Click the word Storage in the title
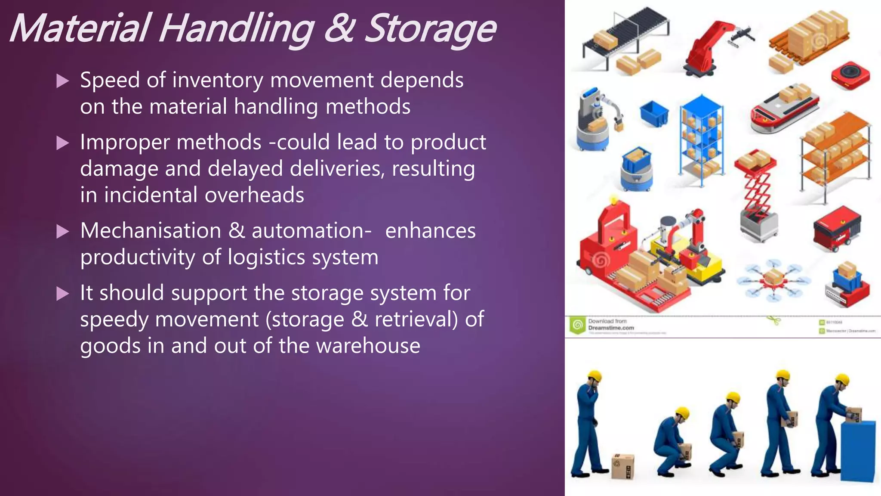pos(430,29)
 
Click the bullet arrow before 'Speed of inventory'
pos(63,81)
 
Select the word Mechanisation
pos(151,231)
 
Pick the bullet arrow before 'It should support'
pos(63,294)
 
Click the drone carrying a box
pos(773,280)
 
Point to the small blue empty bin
pos(654,114)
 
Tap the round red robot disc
pos(850,76)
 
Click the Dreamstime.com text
pos(611,328)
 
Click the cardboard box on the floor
pos(623,466)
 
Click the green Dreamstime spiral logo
pos(577,325)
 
